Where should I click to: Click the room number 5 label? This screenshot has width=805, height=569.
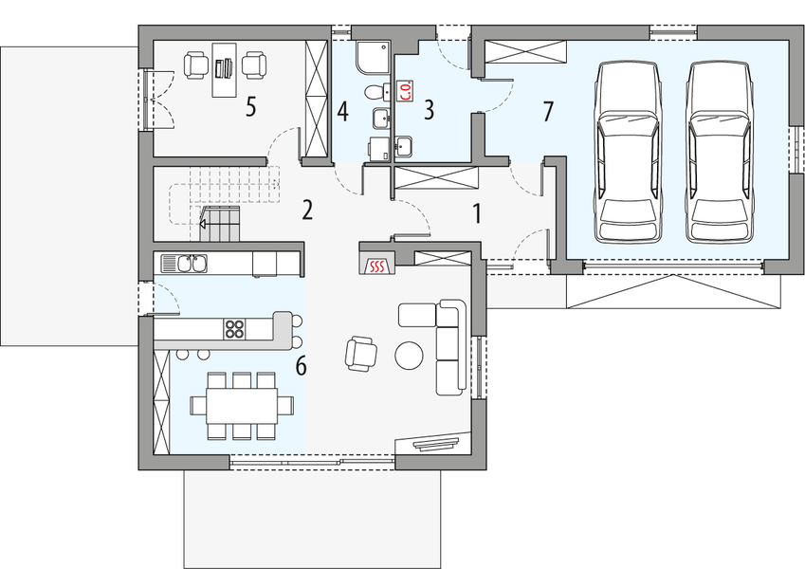point(250,105)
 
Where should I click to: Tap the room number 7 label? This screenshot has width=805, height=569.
point(547,110)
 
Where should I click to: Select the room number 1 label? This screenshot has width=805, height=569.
point(477,212)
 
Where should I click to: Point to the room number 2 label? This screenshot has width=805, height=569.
point(306,210)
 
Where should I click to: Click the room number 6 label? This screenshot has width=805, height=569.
point(301,365)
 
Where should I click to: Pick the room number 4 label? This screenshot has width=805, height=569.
point(342,111)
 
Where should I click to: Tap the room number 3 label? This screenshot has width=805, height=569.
point(429,109)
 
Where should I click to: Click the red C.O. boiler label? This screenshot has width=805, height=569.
point(405,91)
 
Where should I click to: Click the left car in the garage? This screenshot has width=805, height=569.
point(627,152)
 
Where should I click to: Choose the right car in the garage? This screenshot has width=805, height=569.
point(719,152)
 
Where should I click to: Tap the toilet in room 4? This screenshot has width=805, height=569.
point(377,92)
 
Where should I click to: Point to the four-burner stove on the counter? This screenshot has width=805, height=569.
point(234,329)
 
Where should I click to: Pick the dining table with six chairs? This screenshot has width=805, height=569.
point(234,405)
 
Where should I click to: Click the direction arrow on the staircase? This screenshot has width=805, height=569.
point(204,226)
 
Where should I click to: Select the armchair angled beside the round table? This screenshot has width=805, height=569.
point(361,353)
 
